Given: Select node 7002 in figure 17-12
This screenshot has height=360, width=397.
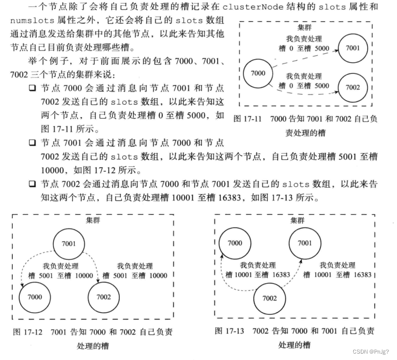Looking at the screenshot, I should click(104, 297).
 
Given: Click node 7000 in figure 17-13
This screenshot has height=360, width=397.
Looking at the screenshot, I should click(235, 243).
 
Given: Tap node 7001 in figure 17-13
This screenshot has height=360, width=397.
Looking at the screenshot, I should click(305, 243).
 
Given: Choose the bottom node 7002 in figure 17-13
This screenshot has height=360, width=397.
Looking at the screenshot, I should click(270, 298).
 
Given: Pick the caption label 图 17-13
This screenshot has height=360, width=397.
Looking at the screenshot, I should click(229, 331).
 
